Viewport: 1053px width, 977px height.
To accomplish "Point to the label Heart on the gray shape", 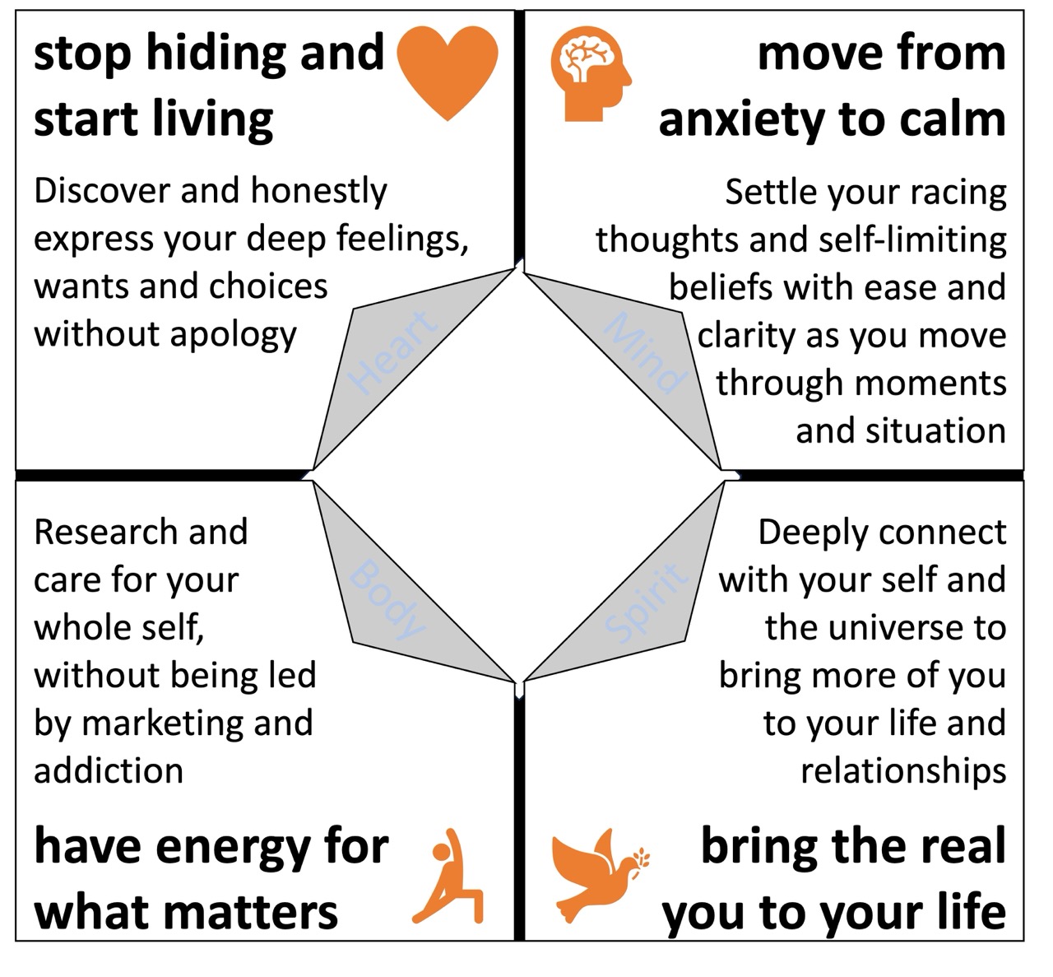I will [x=392, y=352].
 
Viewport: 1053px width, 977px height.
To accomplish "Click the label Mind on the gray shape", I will [x=645, y=352].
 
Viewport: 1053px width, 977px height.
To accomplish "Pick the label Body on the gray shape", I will [x=387, y=599].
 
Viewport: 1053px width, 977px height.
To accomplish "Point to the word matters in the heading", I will [x=260, y=912].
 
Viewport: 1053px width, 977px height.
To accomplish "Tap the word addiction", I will [x=109, y=771].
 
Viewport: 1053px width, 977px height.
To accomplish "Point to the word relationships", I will [x=903, y=771].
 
